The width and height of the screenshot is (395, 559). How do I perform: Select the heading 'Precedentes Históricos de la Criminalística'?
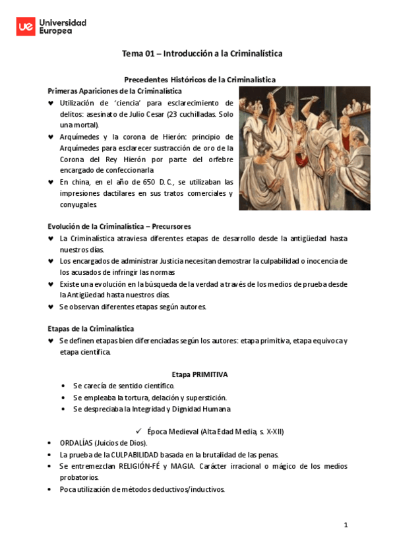200,79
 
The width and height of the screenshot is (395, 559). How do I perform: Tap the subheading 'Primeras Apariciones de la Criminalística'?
115,91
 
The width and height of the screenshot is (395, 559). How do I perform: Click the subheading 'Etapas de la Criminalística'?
91,328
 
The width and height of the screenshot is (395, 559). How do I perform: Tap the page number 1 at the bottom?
345,525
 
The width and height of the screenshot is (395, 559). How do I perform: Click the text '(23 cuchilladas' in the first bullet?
198,113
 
